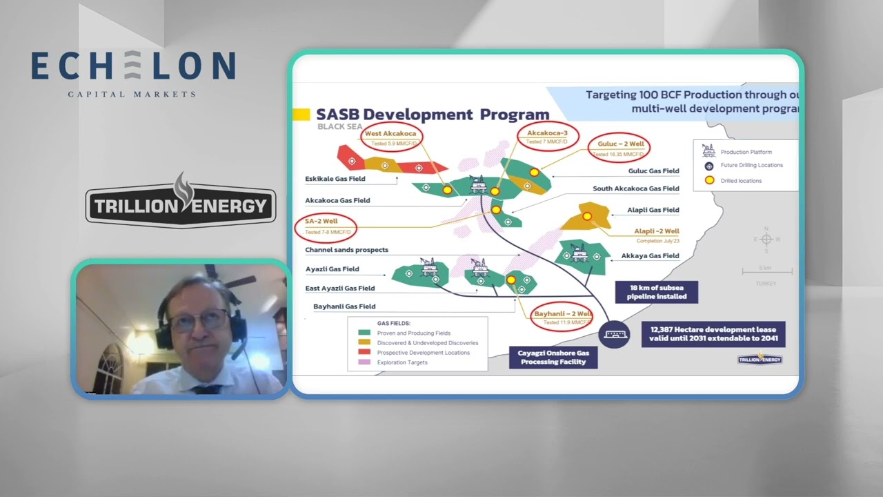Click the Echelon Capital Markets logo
pos(133,72)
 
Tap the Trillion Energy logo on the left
pos(180,205)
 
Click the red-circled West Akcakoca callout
pos(390,137)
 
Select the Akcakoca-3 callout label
pos(548,136)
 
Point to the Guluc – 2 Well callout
pos(619,148)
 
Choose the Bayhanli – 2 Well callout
pos(562,317)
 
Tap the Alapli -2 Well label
pos(656,231)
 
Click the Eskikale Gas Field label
pos(335,179)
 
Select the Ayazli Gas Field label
pos(333,269)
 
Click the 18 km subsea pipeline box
pos(656,291)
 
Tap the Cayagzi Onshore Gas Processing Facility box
pos(553,357)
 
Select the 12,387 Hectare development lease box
pos(713,335)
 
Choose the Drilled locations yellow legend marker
pos(708,181)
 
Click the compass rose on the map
pos(765,240)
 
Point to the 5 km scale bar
pos(764,271)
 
